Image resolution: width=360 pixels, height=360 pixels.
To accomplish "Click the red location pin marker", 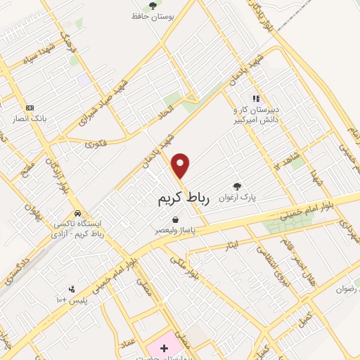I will coord(181,166).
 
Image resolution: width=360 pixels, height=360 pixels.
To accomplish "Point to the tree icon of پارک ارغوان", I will coord(237,186).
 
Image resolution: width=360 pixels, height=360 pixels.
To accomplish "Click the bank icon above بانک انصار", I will coord(30,108).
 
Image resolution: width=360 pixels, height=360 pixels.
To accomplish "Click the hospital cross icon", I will coord(165,349).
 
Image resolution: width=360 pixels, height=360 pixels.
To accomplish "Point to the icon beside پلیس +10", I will coord(71,289).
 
